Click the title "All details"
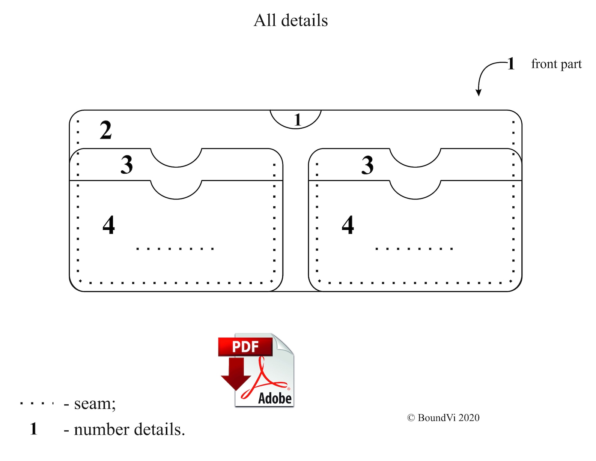290,20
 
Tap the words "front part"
556,65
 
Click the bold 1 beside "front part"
510,64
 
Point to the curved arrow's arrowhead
478,93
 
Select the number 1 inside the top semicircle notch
298,120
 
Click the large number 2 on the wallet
105,130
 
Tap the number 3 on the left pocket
127,165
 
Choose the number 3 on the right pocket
367,165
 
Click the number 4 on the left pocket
108,225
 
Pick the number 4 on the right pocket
348,225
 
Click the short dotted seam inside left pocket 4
175,249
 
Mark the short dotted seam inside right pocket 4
414,249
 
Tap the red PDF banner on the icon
245,347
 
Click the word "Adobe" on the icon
275,398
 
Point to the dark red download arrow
236,374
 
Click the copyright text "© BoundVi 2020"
443,418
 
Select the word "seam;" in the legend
95,404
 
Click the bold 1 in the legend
33,429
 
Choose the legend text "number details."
129,429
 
